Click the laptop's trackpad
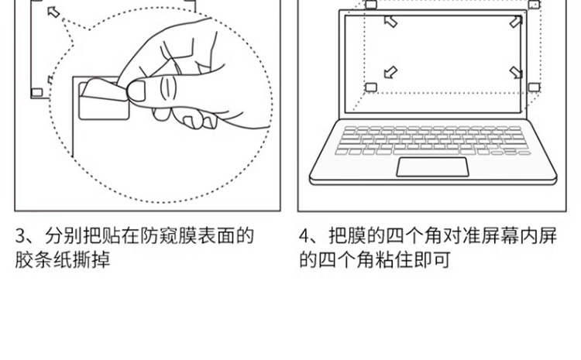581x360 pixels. click(x=432, y=167)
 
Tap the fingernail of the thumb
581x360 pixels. click(x=136, y=91)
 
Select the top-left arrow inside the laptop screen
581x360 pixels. click(x=390, y=22)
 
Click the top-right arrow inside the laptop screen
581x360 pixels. click(x=515, y=22)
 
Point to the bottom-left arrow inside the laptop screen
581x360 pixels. click(x=390, y=72)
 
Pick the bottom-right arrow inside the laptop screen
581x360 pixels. click(x=516, y=72)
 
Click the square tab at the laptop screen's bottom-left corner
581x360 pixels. click(x=371, y=87)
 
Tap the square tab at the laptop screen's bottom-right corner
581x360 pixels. click(x=534, y=87)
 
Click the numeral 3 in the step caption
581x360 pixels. click(x=19, y=236)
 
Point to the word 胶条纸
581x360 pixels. click(x=43, y=260)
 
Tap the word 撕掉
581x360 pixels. click(x=91, y=260)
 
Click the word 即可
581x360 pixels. click(x=432, y=260)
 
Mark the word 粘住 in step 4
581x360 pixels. click(x=394, y=260)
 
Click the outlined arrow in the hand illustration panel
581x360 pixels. click(x=53, y=12)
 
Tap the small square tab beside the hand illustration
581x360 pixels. click(x=37, y=92)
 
